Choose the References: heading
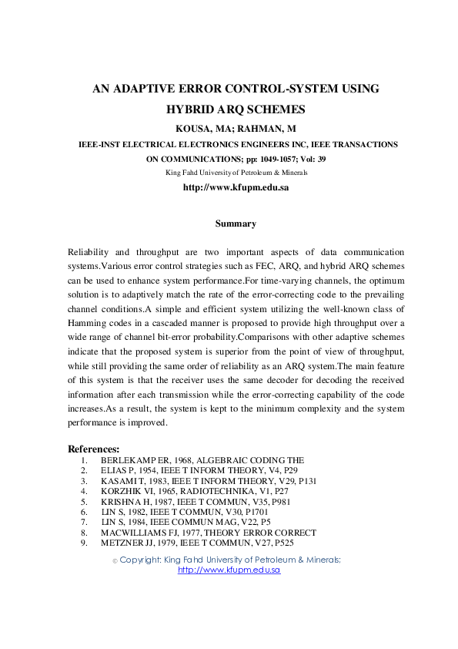[94, 449]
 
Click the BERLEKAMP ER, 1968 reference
[202, 459]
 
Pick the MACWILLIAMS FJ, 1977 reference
[208, 532]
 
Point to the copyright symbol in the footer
[115, 560]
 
